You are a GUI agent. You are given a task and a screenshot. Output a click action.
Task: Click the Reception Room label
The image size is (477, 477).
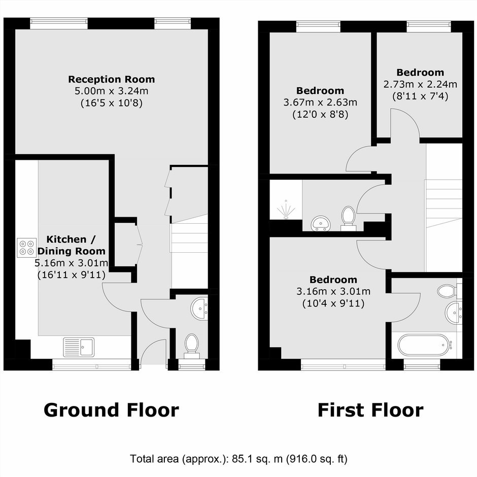click(111, 79)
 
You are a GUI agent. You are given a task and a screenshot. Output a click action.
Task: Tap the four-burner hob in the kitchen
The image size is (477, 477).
click(26, 248)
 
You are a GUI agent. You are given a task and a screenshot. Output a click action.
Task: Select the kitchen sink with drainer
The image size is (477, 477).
click(79, 347)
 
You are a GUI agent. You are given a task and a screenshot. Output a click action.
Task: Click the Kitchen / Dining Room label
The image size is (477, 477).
click(71, 245)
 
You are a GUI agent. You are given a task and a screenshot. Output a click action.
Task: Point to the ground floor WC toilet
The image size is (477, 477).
click(192, 346)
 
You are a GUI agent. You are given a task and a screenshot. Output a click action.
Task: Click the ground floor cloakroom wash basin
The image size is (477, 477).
click(199, 309)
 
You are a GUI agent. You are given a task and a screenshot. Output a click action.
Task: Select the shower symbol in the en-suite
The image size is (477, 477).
click(286, 210)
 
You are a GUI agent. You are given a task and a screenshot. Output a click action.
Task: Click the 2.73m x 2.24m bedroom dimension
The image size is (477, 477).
click(420, 84)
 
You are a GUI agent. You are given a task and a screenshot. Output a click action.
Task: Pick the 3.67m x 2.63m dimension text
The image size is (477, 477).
click(320, 103)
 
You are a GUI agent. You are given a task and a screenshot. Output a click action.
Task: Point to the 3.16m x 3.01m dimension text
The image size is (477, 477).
click(333, 291)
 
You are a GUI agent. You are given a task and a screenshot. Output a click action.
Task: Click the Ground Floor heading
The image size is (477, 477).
click(111, 410)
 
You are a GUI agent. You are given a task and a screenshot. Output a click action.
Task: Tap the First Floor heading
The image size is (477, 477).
click(370, 410)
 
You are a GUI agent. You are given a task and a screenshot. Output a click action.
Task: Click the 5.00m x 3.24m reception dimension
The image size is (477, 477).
click(111, 91)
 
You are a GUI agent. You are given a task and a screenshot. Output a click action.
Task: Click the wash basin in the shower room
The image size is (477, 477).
click(321, 223)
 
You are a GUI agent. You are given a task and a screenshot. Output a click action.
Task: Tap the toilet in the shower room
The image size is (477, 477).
click(348, 218)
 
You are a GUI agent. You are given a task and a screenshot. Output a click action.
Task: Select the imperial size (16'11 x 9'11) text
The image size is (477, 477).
click(72, 275)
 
